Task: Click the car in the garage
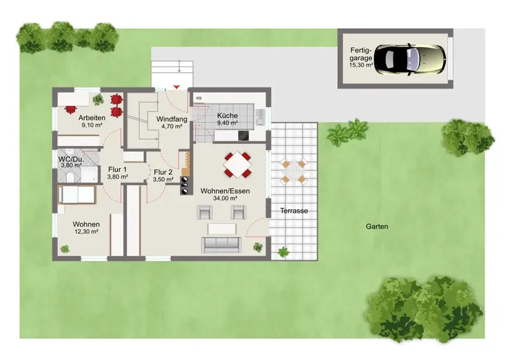coord(410,59)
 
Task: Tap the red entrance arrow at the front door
coord(177,87)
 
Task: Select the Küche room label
coord(228,115)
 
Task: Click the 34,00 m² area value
coord(225,198)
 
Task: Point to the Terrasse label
coord(294,210)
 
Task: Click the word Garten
coord(377,226)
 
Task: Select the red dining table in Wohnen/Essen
coord(238,165)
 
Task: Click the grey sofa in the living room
coord(221,245)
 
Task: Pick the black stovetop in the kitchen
coord(244,135)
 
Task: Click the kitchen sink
coord(261,117)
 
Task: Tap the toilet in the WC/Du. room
coord(69,177)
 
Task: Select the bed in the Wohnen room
coord(77,195)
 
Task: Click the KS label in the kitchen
coord(199,98)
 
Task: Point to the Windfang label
coord(171,119)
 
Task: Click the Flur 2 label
coord(163,172)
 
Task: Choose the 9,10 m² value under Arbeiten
coord(92,124)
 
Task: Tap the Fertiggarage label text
coord(361,54)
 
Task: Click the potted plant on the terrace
coord(284,252)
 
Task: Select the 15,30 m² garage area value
coord(361,65)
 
